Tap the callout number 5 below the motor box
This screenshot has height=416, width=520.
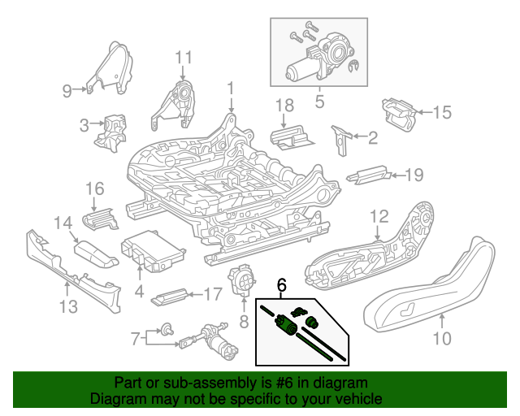coord(318,102)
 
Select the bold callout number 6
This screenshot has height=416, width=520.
coord(282,285)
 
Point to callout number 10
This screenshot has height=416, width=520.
coord(441,339)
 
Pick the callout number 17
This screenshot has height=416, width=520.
coord(213,294)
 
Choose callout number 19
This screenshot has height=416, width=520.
coord(414,174)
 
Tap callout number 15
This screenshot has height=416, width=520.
coord(440,113)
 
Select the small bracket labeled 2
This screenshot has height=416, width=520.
coord(340,138)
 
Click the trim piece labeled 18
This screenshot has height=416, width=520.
coord(291,137)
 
